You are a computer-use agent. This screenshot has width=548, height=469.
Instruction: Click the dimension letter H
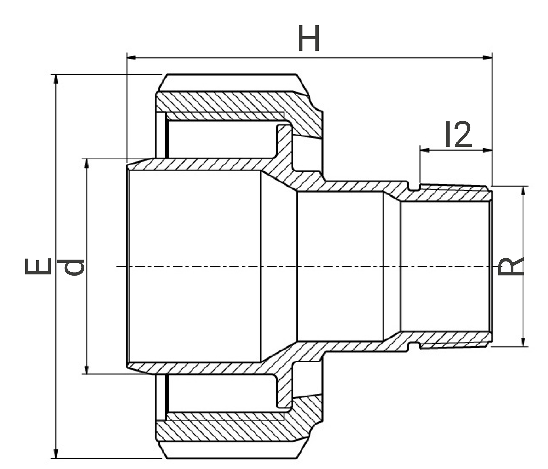[x=309, y=38]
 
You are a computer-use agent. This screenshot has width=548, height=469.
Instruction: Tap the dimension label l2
[x=458, y=134]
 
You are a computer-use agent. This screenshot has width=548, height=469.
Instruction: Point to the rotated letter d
[x=73, y=267]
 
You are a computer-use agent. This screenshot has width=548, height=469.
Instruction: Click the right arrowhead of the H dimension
[x=487, y=58]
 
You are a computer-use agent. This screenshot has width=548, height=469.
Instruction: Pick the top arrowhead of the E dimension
[x=56, y=79]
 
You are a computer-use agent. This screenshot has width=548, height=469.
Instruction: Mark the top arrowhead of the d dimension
[x=87, y=163]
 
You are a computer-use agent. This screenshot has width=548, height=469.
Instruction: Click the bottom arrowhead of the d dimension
[x=87, y=370]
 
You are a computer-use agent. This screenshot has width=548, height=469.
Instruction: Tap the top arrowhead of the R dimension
[x=523, y=191]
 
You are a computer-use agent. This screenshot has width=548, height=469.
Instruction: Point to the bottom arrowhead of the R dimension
[x=523, y=342]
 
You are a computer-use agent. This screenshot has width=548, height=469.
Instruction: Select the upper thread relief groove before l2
[x=414, y=186]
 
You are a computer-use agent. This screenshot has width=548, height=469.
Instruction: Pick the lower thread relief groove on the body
[x=414, y=347]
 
